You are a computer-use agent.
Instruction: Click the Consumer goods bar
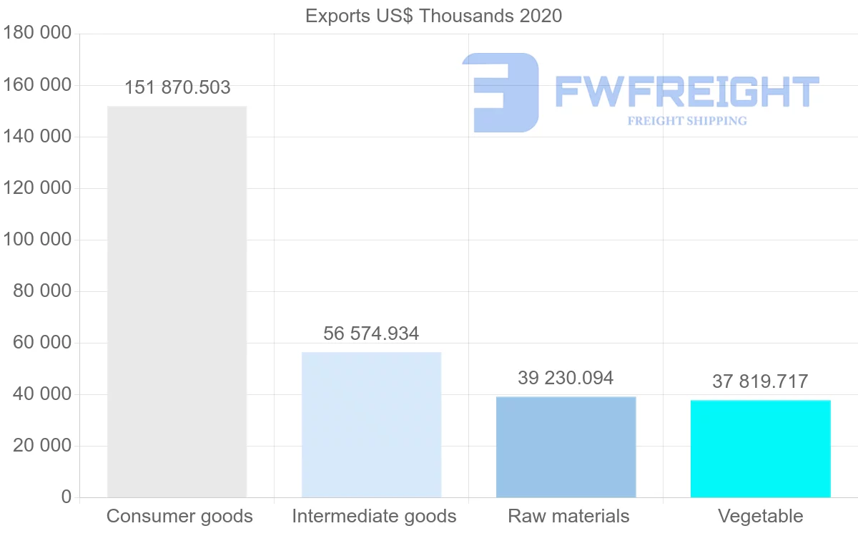click(177, 301)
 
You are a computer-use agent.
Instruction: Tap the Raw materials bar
click(566, 447)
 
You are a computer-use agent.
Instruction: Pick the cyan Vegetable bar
click(760, 449)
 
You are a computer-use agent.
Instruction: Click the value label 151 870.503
click(177, 88)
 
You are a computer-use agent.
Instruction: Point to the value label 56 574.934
click(371, 333)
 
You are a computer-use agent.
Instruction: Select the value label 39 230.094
click(566, 378)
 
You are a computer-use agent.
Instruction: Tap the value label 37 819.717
click(760, 382)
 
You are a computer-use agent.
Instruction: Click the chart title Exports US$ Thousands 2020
click(433, 16)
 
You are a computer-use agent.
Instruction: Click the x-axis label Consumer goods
click(179, 516)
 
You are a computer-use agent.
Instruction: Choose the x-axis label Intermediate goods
click(374, 516)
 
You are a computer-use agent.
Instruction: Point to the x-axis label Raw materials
click(568, 516)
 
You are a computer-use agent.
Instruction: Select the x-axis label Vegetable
click(760, 516)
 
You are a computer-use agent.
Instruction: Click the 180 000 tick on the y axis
click(38, 33)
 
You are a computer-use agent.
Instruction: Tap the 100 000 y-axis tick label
click(38, 239)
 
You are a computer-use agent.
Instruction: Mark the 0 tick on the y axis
click(66, 497)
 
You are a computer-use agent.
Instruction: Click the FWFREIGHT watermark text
click(686, 92)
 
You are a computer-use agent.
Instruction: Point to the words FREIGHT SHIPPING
click(686, 121)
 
